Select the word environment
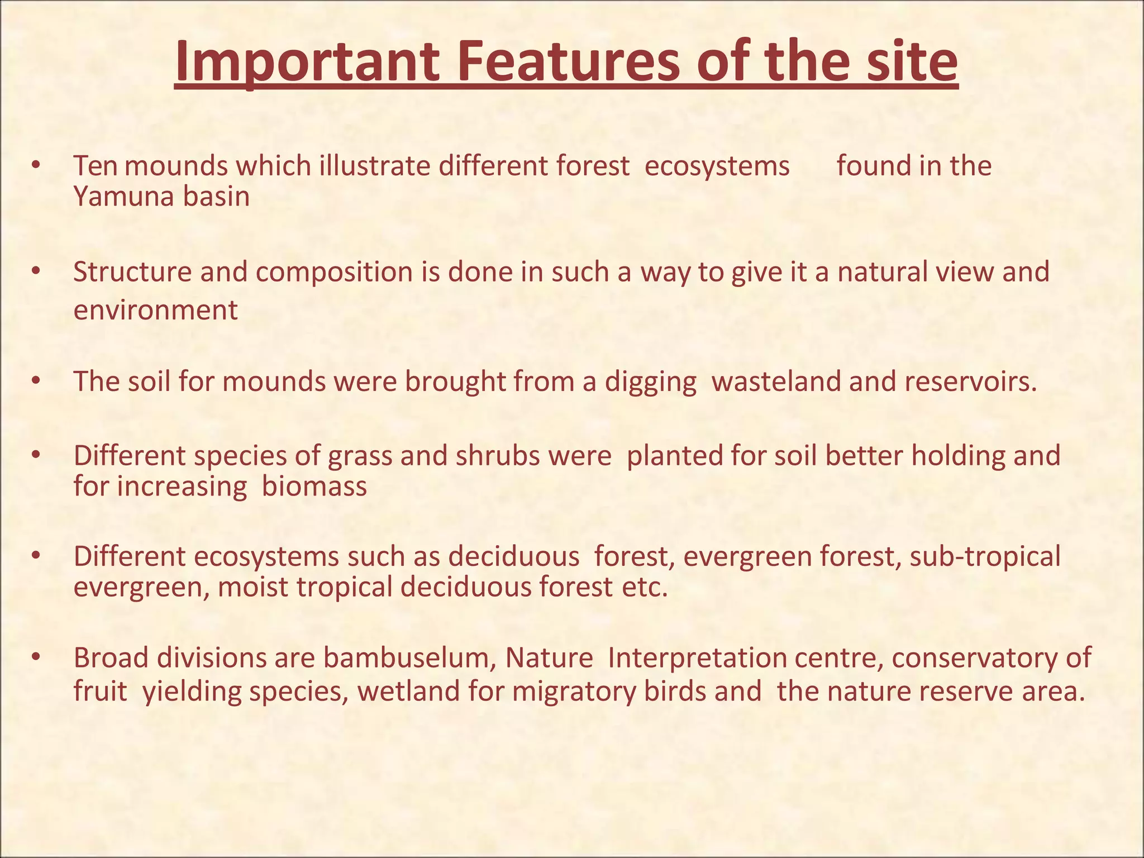pos(155,310)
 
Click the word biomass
pos(314,486)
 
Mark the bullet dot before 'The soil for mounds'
pos(36,382)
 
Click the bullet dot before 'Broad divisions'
pos(36,657)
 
